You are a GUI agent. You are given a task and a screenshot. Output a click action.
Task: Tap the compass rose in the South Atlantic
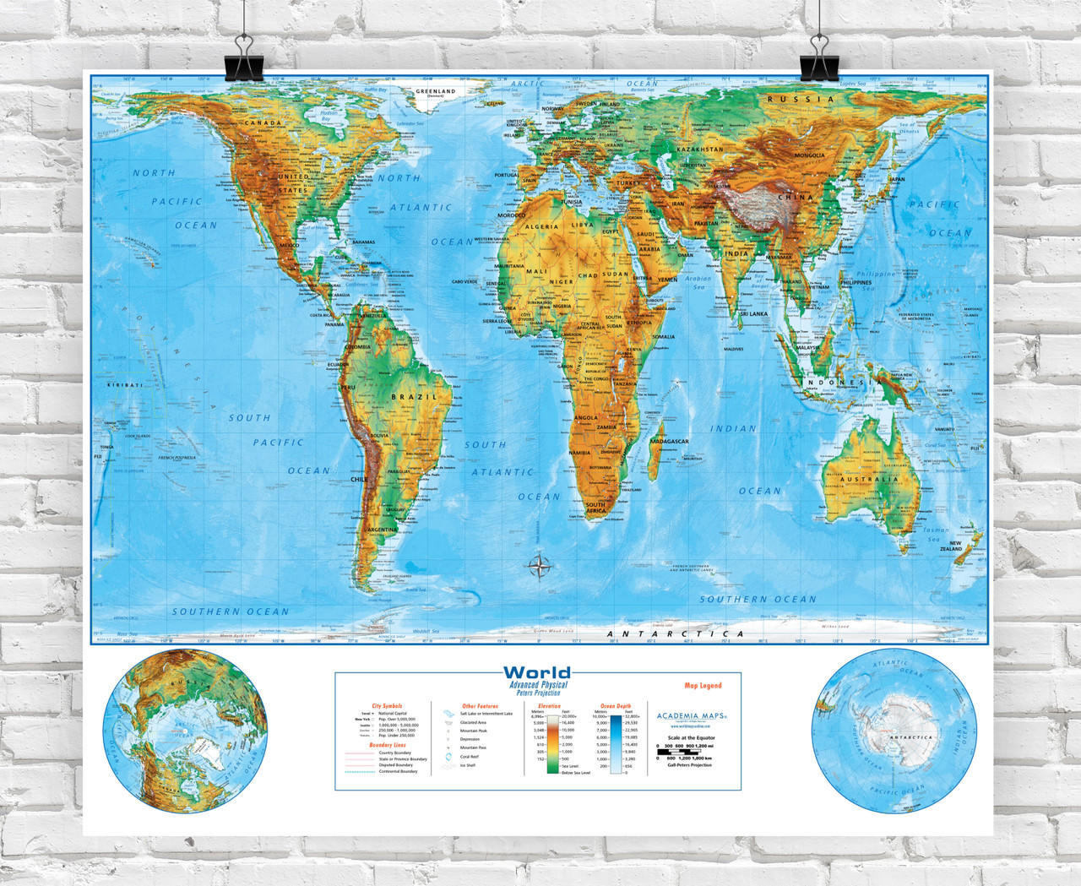coord(538,567)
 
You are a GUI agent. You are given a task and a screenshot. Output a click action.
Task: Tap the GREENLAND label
coord(435,91)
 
